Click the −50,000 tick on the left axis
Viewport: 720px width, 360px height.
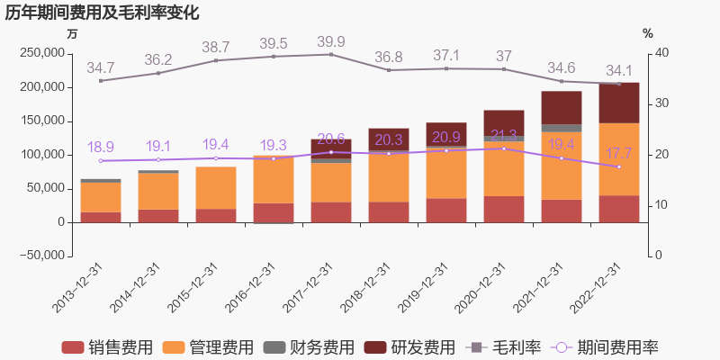(40, 256)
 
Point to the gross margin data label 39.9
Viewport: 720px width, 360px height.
(331, 42)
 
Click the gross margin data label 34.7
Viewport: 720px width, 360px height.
(101, 67)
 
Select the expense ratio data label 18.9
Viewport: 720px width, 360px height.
(101, 148)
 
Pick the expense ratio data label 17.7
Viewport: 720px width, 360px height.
(619, 153)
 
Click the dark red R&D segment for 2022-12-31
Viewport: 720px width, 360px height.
(619, 103)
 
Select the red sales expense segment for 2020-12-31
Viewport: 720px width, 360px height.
(504, 209)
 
